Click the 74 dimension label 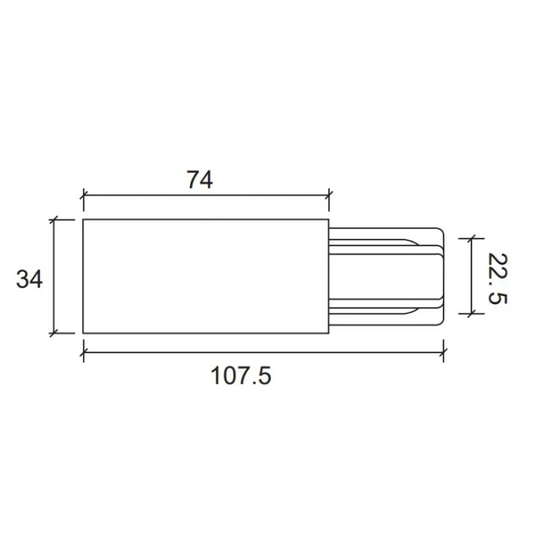click(x=199, y=180)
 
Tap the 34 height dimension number click(x=29, y=279)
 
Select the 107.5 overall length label click(x=241, y=375)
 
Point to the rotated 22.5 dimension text click(x=497, y=279)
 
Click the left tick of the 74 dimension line click(x=83, y=195)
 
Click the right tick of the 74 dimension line click(x=329, y=195)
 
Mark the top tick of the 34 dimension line click(x=54, y=219)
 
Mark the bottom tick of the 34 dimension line click(x=54, y=333)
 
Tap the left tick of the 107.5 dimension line click(x=83, y=352)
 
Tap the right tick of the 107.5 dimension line click(x=443, y=352)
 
